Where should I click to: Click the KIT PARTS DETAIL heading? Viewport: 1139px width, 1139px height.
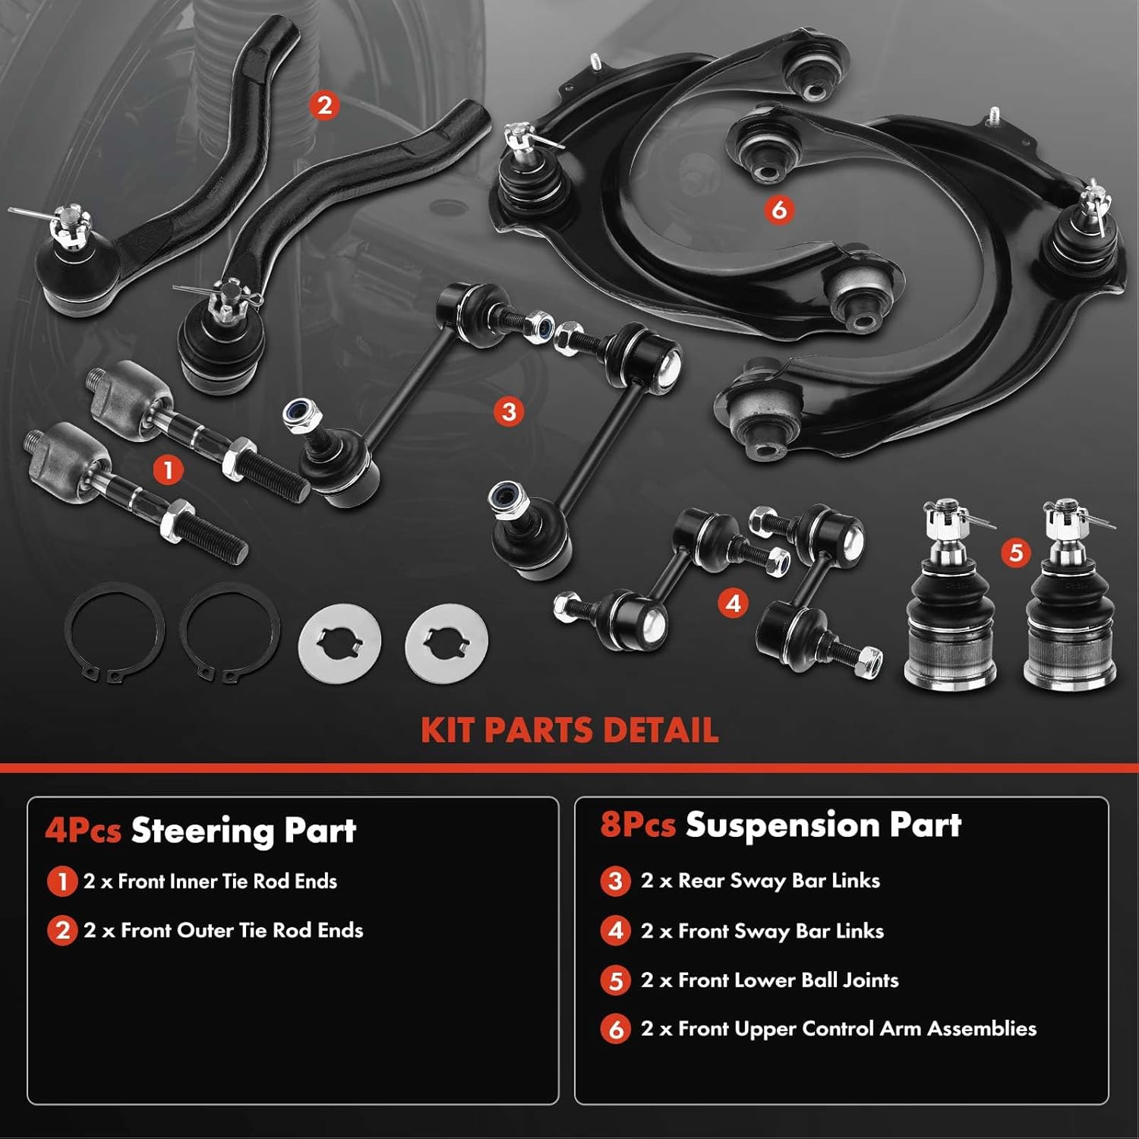coord(569,730)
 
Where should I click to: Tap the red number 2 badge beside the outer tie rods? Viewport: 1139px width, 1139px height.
coord(325,105)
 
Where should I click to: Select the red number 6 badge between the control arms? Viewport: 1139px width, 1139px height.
coord(779,210)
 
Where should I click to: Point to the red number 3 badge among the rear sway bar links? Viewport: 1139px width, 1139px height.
coord(509,412)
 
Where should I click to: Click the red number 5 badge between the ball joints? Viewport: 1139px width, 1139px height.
coord(1016,552)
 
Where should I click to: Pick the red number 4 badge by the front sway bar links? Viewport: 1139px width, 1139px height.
coord(733,604)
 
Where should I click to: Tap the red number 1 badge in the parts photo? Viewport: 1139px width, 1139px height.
coord(168,470)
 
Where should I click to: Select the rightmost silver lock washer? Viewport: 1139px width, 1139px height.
coord(446,644)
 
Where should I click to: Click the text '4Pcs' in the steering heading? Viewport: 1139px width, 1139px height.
coord(83,831)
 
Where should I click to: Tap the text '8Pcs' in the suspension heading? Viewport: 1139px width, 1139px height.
coord(638,825)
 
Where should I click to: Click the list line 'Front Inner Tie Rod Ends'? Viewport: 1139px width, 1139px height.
coord(210,882)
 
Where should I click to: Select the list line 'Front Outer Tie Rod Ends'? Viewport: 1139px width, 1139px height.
coord(223,930)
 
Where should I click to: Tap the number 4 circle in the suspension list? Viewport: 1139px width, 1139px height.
coord(616,931)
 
